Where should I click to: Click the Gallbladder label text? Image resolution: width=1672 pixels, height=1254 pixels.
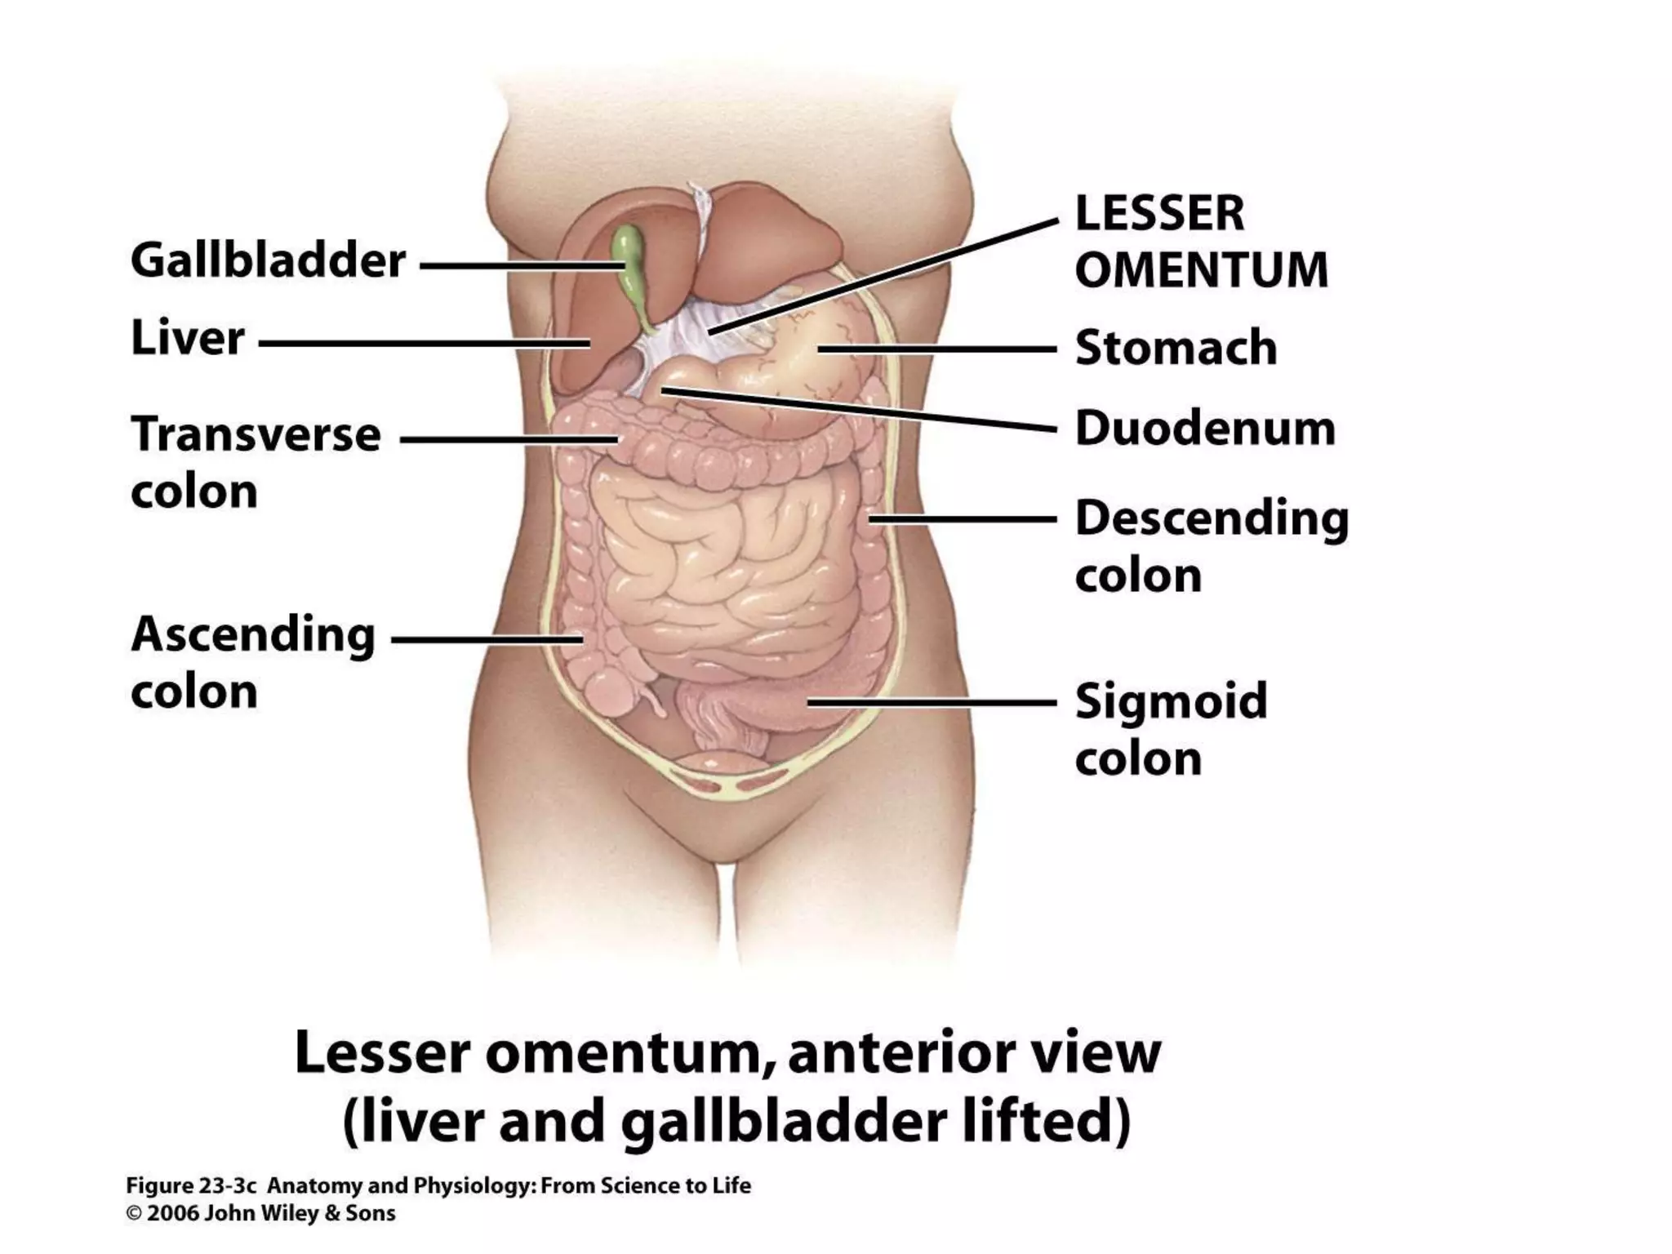tap(268, 261)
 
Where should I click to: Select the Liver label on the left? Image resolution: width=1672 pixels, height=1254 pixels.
tap(188, 338)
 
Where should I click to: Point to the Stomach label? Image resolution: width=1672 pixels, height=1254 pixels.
tap(1176, 348)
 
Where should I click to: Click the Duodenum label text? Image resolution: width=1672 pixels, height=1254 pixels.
tap(1205, 429)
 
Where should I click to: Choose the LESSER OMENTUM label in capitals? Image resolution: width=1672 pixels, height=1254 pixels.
tap(1200, 242)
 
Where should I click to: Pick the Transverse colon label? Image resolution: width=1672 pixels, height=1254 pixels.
tap(255, 462)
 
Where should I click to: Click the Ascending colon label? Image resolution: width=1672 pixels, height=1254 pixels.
tap(253, 662)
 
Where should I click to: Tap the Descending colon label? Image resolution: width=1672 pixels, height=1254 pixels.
tap(1212, 546)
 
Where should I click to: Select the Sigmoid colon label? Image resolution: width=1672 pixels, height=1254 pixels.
tap(1171, 729)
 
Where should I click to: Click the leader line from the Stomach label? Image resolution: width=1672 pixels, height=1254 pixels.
tap(939, 349)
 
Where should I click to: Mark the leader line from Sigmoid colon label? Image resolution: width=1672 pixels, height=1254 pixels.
tap(931, 702)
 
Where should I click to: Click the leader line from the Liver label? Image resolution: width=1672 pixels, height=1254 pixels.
tap(425, 344)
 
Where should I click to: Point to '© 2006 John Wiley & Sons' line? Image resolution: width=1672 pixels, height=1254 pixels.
tap(260, 1213)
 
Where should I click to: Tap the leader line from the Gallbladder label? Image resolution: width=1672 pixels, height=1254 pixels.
tap(522, 265)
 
